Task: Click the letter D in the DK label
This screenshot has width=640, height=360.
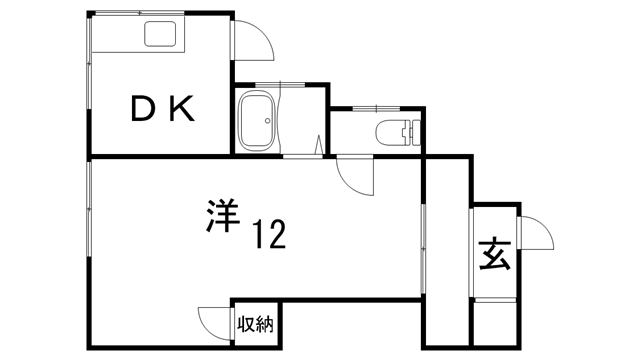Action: (x=143, y=109)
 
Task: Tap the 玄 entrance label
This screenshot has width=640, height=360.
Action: (x=496, y=256)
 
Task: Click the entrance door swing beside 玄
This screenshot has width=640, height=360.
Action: (x=536, y=235)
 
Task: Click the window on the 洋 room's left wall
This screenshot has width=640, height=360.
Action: (x=90, y=225)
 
